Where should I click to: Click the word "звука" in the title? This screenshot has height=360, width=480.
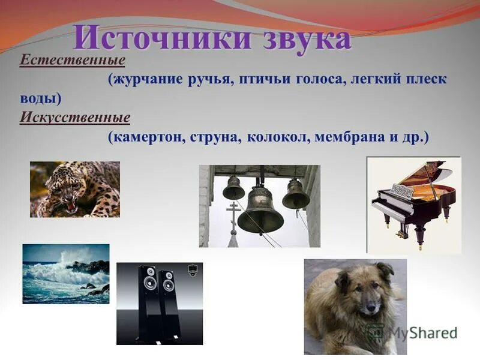coord(307,39)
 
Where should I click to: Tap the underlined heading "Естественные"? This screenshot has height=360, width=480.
coord(72,60)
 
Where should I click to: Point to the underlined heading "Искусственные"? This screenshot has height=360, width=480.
coord(75,118)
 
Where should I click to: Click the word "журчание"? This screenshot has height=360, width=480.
coord(148,80)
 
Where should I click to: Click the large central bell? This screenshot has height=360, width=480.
coord(260,214)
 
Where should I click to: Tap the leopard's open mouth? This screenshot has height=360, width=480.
coord(71,206)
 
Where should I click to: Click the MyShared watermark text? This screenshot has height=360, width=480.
coord(422,333)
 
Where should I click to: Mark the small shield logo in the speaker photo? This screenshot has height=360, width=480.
coord(192,271)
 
